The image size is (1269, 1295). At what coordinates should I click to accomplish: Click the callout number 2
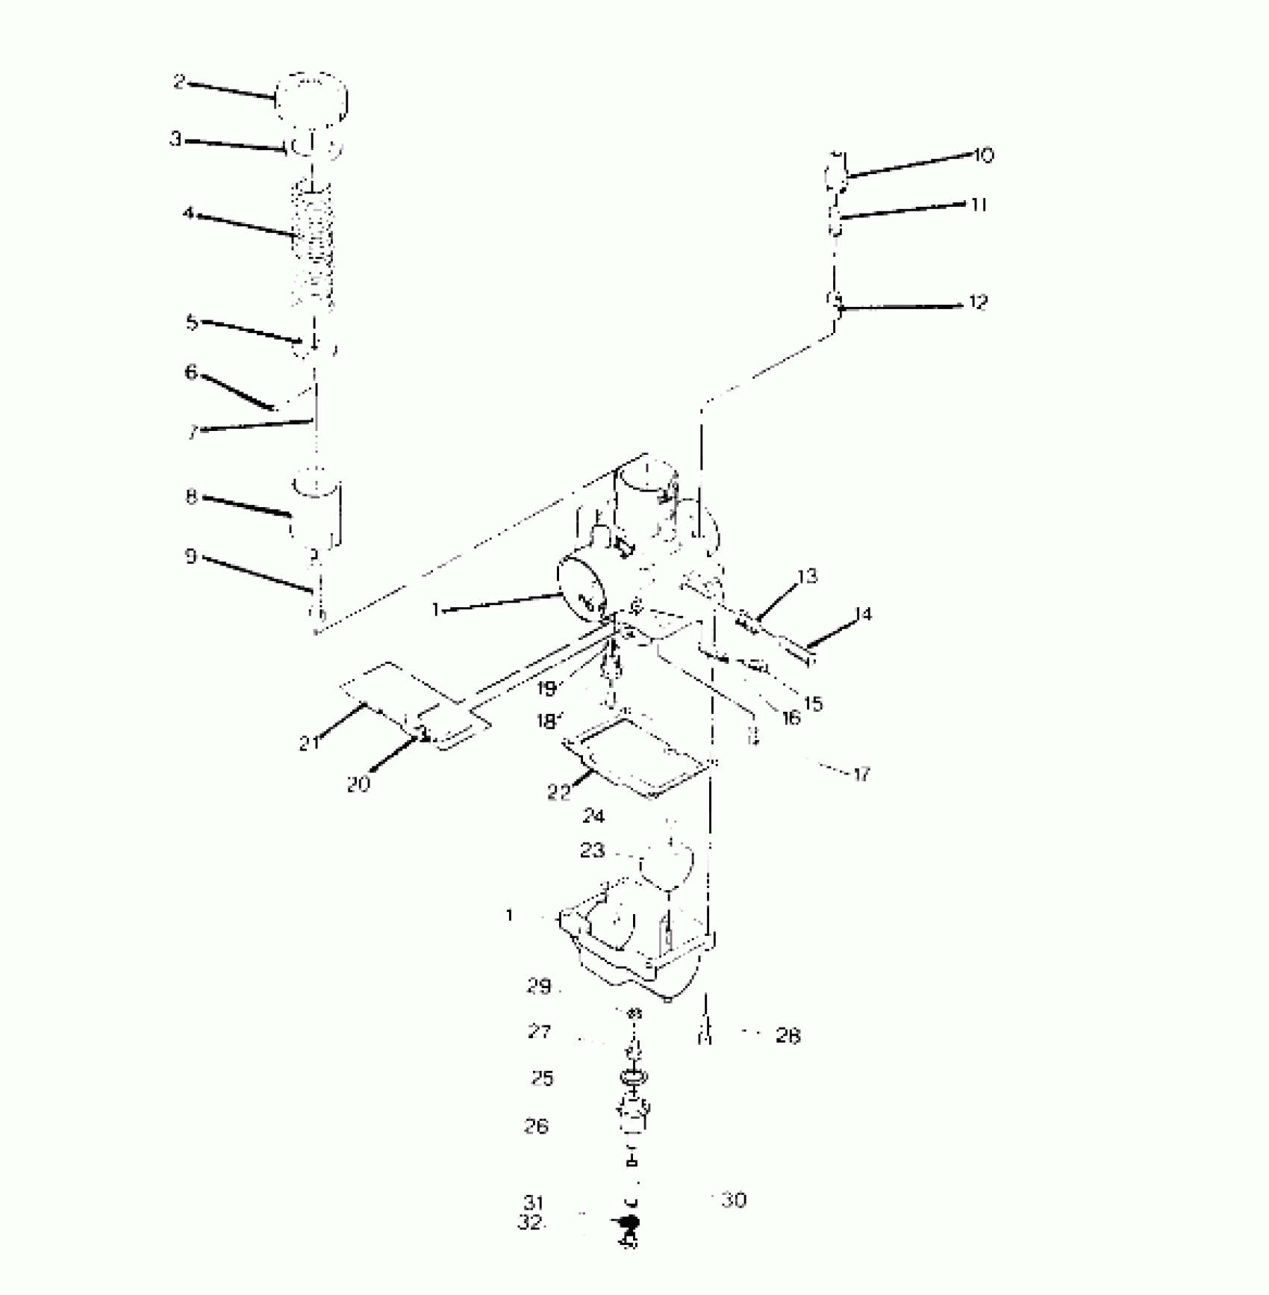pyautogui.click(x=179, y=81)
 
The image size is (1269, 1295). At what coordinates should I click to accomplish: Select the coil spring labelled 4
pyautogui.click(x=311, y=244)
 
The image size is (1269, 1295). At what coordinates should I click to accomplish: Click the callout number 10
pyautogui.click(x=983, y=155)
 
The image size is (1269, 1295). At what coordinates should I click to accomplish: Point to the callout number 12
pyautogui.click(x=978, y=302)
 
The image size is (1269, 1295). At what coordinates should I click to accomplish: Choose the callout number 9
pyautogui.click(x=191, y=556)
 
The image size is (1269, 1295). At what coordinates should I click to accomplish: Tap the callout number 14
pyautogui.click(x=863, y=614)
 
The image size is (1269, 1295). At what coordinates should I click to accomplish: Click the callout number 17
pyautogui.click(x=862, y=774)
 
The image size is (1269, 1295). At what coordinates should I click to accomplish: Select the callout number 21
pyautogui.click(x=309, y=743)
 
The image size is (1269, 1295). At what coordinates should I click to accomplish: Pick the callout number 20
pyautogui.click(x=358, y=784)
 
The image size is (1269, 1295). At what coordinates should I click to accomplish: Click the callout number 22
pyautogui.click(x=558, y=792)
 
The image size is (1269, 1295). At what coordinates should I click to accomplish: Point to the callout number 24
pyautogui.click(x=593, y=816)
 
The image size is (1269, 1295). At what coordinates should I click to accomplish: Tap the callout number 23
pyautogui.click(x=592, y=851)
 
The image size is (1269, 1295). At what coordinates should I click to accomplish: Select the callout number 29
pyautogui.click(x=539, y=986)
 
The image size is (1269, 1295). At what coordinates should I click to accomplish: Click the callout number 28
pyautogui.click(x=788, y=1036)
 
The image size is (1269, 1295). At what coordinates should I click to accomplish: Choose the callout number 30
pyautogui.click(x=735, y=1200)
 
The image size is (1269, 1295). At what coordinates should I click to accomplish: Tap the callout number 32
pyautogui.click(x=531, y=1223)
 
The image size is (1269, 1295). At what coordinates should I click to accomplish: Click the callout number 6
pyautogui.click(x=191, y=372)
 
